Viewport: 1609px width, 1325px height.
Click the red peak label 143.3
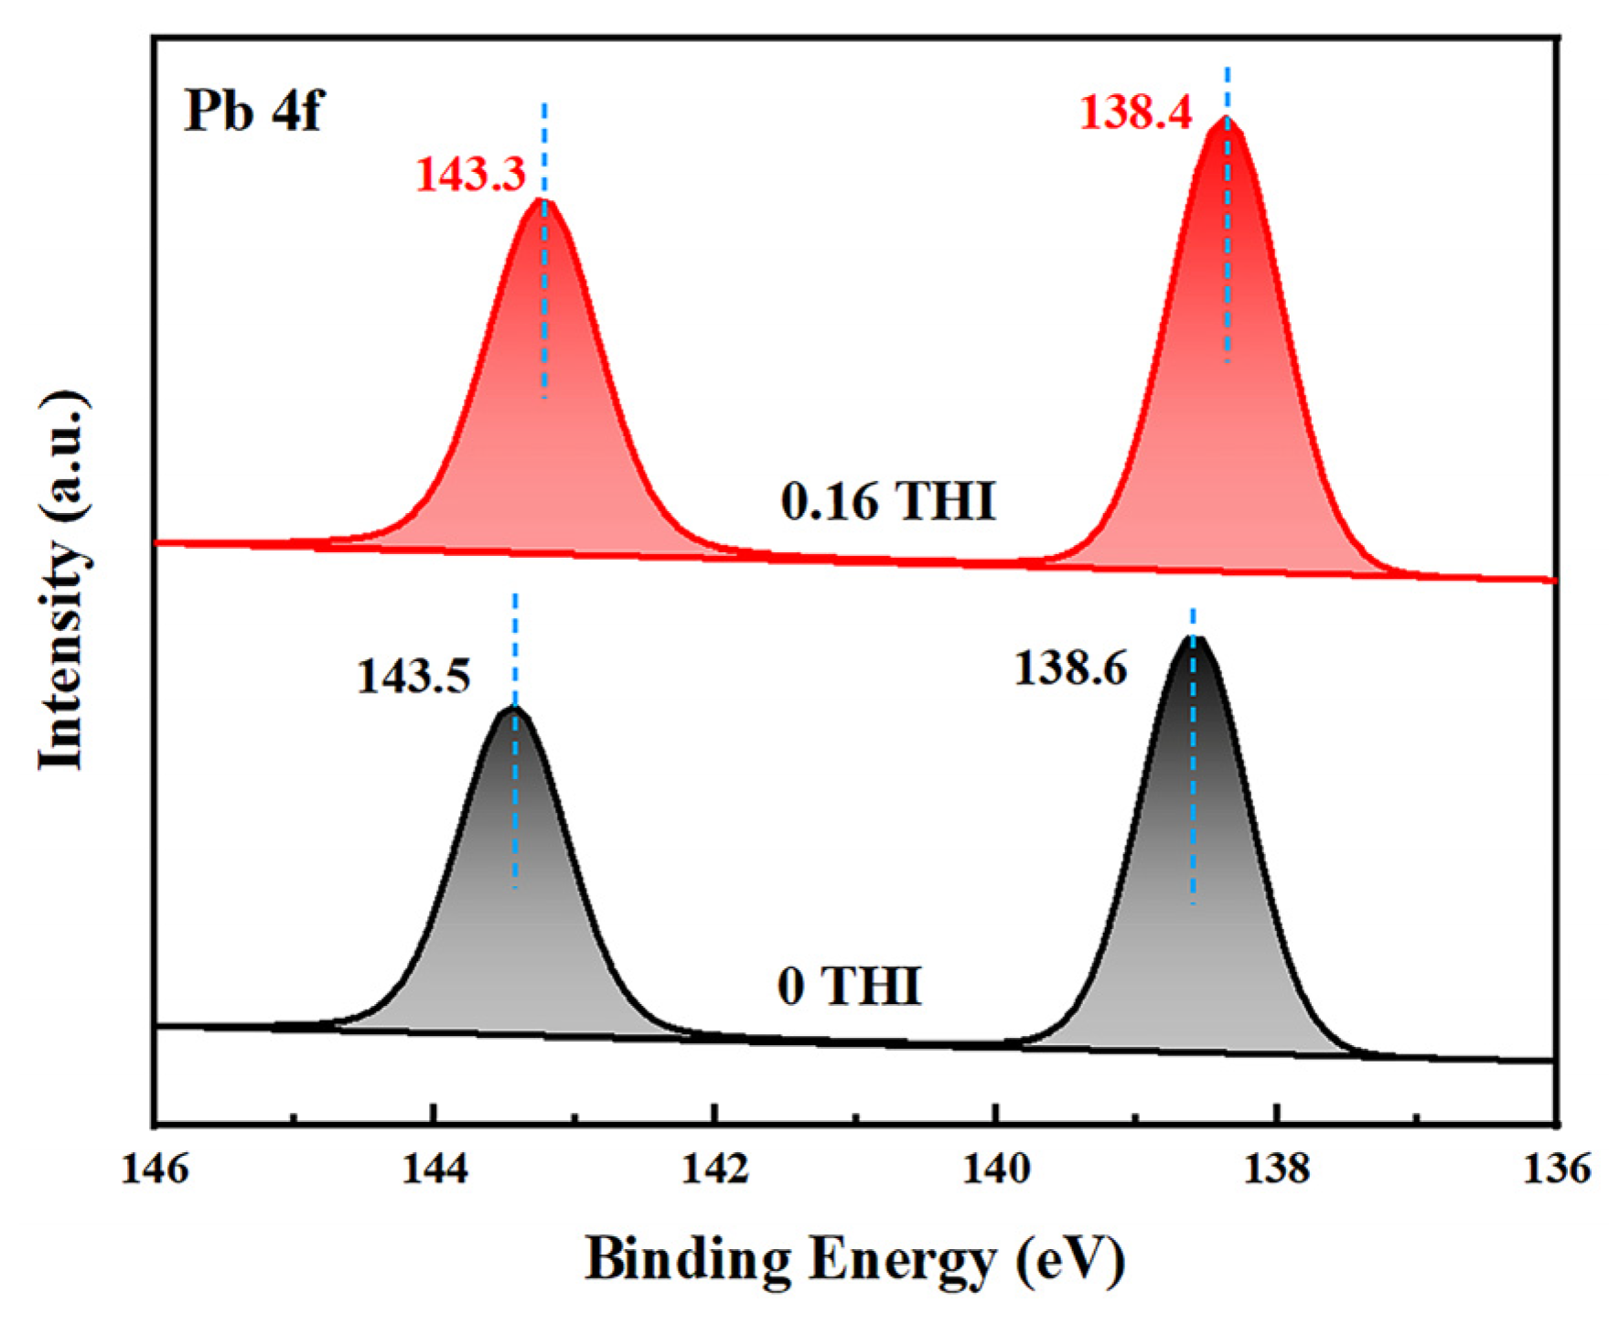pos(471,174)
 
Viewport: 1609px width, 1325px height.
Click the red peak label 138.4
pos(1136,113)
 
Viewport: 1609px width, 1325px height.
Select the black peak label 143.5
pos(413,677)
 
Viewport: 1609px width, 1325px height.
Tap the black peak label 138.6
pos(1070,668)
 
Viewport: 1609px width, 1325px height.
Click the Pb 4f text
pos(253,112)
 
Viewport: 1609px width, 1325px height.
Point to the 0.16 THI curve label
pos(887,501)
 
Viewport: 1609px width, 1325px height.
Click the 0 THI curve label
pos(849,986)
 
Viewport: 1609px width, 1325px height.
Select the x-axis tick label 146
pos(156,1169)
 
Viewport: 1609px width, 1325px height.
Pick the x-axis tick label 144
pos(435,1169)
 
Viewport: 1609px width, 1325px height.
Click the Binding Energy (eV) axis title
pos(854,1260)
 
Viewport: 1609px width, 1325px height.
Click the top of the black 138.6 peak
pos(1194,637)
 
